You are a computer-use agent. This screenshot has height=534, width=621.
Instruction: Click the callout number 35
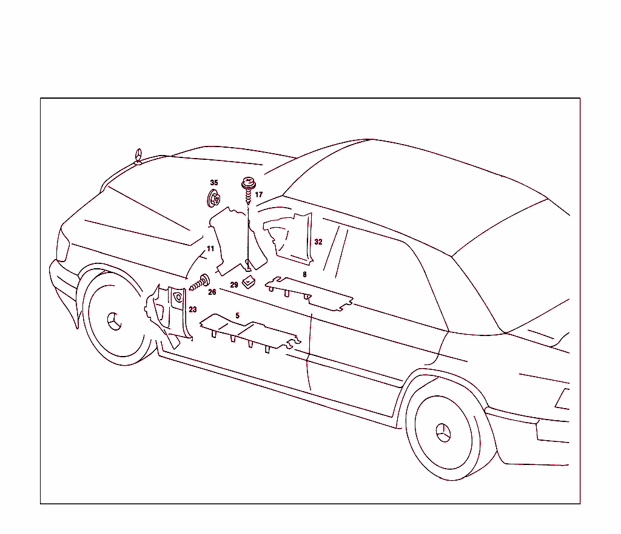pos(213,182)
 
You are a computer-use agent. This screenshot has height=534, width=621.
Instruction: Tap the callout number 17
pos(259,195)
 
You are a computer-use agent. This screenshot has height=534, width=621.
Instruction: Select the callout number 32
pos(318,242)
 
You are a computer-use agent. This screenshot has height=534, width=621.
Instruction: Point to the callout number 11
pos(210,249)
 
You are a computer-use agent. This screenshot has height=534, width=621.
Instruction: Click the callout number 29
pos(234,284)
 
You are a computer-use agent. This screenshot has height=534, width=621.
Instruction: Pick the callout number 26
pos(212,292)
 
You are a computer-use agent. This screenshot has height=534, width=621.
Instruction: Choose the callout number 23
pos(193,309)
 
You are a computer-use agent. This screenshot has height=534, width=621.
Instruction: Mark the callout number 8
pos(304,274)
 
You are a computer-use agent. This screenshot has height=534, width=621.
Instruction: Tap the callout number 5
pos(238,315)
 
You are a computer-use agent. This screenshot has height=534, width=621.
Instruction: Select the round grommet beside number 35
pos(213,198)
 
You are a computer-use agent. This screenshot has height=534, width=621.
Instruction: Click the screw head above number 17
pos(247,181)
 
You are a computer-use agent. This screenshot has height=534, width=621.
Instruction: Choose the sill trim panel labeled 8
pos(309,292)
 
